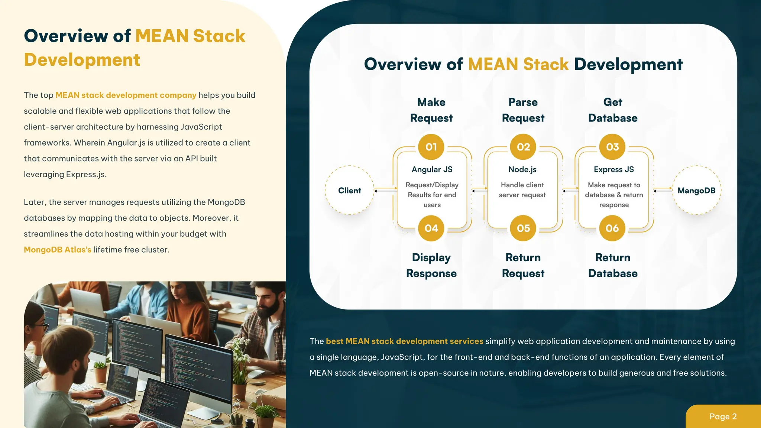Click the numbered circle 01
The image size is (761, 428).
point(431,147)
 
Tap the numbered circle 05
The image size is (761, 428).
point(523,228)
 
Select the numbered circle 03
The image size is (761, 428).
point(612,147)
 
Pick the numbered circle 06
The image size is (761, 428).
point(612,228)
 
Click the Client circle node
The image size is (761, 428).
point(349,190)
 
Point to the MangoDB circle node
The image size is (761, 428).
point(696,190)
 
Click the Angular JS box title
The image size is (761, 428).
point(432,169)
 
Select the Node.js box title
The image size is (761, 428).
point(522,169)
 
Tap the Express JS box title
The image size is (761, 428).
point(613,169)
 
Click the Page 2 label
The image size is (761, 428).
point(723,416)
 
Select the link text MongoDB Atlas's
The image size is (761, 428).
point(57,250)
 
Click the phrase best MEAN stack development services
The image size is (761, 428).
point(404,341)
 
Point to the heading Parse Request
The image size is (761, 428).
point(523,110)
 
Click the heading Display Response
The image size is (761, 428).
point(431,265)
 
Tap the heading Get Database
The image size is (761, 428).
point(612,110)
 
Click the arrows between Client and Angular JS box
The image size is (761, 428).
point(385,190)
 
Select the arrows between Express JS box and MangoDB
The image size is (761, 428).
point(663,190)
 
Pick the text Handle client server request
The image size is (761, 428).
point(522,190)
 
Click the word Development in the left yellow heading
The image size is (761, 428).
point(82,60)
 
